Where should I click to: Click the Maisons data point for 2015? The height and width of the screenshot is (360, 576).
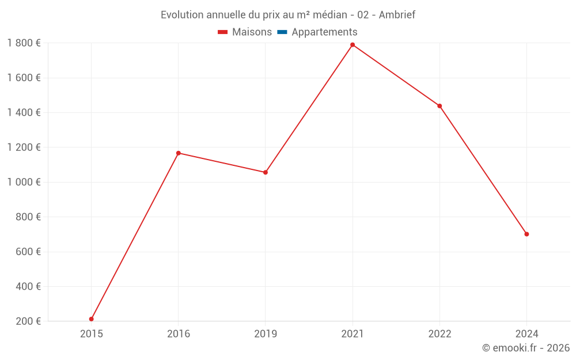tap(92, 319)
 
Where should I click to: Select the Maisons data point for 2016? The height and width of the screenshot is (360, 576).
tap(179, 153)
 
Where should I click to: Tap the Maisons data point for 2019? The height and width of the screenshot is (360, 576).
tap(266, 172)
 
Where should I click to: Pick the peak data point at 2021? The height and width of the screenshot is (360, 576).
tap(353, 45)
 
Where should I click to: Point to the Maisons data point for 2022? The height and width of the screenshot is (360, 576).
tap(439, 106)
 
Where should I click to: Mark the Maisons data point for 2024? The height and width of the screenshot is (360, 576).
tap(526, 234)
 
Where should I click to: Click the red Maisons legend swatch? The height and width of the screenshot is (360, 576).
tap(223, 32)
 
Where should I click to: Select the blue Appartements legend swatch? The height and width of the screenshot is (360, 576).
tap(282, 32)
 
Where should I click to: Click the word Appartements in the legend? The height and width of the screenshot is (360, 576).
tap(324, 32)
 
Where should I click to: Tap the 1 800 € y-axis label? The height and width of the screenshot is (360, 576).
tap(24, 43)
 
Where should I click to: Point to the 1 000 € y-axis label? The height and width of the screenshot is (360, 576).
tap(24, 182)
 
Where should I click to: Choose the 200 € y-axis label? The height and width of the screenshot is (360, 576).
tap(28, 321)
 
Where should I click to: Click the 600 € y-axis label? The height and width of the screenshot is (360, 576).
tap(28, 252)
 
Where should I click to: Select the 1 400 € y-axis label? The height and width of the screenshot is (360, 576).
tap(24, 113)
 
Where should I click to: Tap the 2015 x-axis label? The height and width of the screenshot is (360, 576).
tap(92, 334)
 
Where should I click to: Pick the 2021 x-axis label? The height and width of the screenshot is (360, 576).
tap(353, 334)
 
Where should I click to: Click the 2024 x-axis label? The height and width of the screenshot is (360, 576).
tap(526, 334)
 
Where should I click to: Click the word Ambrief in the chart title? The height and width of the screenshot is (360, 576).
tap(397, 15)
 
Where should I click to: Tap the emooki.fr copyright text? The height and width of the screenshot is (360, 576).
tap(526, 348)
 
